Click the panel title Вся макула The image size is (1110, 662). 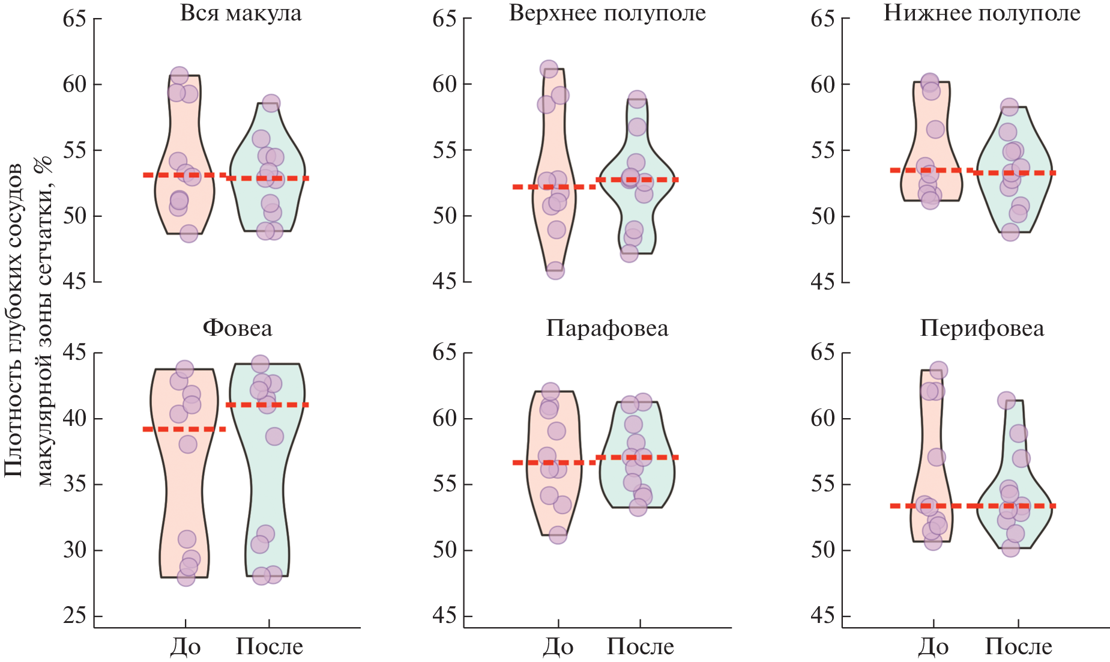click(x=240, y=13)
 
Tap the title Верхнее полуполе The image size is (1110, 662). click(x=607, y=13)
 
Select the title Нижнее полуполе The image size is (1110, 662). click(x=982, y=13)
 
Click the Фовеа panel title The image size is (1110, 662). click(x=237, y=328)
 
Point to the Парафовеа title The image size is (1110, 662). click(x=607, y=328)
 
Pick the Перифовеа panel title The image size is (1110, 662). click(x=982, y=328)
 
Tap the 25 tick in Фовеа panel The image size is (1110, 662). click(x=74, y=616)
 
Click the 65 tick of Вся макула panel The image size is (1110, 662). click(x=74, y=19)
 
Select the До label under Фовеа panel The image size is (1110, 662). click(x=185, y=646)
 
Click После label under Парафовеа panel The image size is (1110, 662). click(x=640, y=646)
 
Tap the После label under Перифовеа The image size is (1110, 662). click(x=1018, y=646)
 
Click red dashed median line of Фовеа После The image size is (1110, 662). click(x=268, y=405)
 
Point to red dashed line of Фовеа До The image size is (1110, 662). click(x=184, y=429)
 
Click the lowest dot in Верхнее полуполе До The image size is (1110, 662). click(x=555, y=270)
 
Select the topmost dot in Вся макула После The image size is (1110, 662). click(x=271, y=103)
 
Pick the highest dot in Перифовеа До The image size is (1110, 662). click(x=939, y=370)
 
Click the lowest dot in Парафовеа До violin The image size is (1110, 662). click(x=558, y=535)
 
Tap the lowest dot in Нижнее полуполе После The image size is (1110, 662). click(x=1010, y=232)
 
